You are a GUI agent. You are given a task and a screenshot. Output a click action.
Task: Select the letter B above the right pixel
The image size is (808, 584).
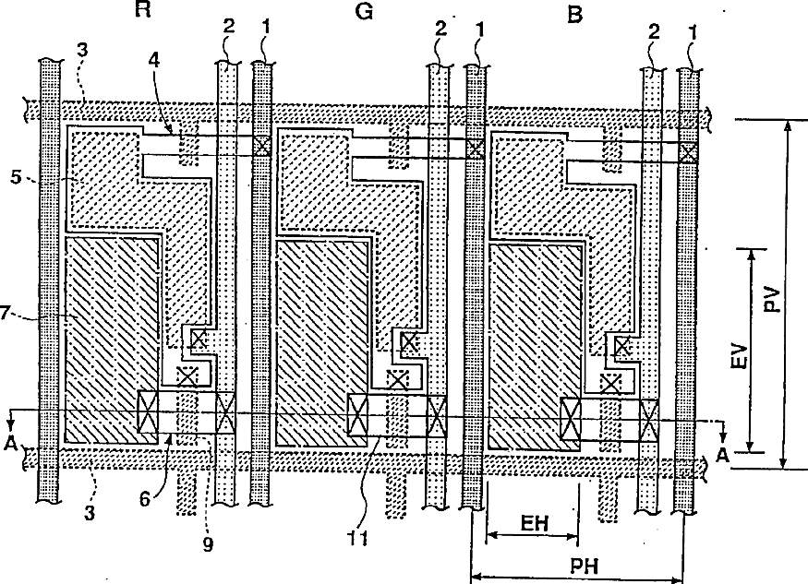575,15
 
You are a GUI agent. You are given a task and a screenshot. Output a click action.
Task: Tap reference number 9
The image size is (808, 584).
208,543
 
